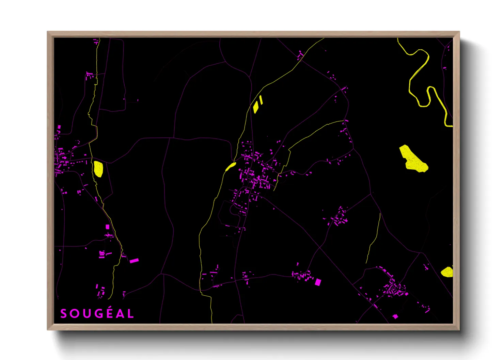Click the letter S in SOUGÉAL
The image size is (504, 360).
(63, 314)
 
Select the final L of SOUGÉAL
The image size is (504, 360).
(130, 314)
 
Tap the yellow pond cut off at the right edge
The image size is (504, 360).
(447, 272)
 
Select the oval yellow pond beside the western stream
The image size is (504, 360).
(98, 169)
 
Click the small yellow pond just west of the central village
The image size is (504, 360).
(231, 166)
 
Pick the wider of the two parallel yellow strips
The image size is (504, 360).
(256, 107)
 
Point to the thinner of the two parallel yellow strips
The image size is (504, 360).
(261, 100)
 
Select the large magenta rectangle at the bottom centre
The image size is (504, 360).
(318, 282)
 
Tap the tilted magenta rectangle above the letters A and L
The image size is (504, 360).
(134, 261)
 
